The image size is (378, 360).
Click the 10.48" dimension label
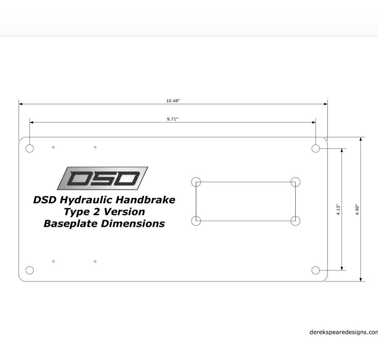coord(173,101)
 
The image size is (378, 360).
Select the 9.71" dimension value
coord(172,119)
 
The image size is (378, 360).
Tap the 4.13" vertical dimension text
coord(338,209)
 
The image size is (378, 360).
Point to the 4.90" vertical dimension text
coord(357,209)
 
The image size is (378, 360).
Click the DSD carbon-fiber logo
coord(102,178)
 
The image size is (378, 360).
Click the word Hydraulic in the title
coord(86,200)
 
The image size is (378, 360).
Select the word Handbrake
coord(145,200)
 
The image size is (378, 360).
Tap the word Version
coord(124,212)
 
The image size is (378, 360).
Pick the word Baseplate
coord(71,224)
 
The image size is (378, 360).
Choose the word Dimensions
coord(133,223)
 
